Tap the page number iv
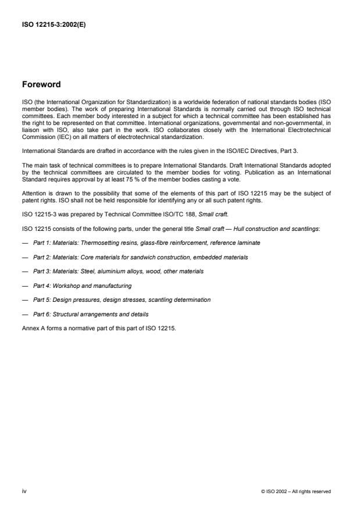tap(24, 491)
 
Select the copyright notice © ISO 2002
tap(296, 491)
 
